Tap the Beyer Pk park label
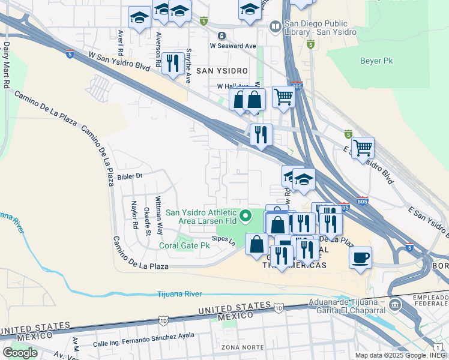376,61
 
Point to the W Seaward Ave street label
233,45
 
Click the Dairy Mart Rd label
6,65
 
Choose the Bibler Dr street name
130,176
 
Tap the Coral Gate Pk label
184,245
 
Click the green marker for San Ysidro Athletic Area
245,215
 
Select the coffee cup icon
360,257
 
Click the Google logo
20,353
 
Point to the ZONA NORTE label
238,347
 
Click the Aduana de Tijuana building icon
395,305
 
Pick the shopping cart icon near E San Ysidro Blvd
363,147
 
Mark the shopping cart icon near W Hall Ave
283,97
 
